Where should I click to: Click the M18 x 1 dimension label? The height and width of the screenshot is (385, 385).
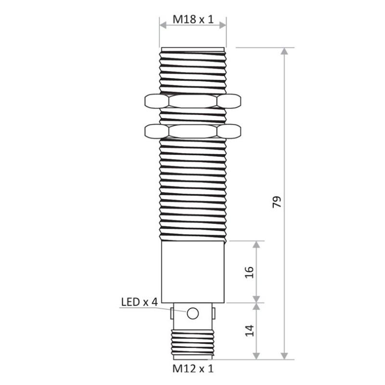click(x=192, y=20)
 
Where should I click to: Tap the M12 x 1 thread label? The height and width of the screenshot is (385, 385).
click(x=192, y=369)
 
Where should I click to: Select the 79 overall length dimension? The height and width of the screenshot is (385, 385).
click(x=276, y=202)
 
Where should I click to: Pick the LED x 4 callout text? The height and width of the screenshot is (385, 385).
click(x=139, y=302)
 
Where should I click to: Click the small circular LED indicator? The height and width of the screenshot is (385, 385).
click(x=192, y=313)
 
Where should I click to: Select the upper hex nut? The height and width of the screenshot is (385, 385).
click(x=192, y=101)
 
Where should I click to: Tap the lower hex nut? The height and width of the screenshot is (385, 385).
click(x=192, y=130)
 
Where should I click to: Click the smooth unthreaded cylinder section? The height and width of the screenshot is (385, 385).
click(x=192, y=272)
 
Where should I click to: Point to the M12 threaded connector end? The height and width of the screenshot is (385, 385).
click(x=192, y=343)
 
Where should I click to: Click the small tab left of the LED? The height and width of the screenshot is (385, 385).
click(x=171, y=313)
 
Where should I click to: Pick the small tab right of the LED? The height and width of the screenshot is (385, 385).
click(x=214, y=313)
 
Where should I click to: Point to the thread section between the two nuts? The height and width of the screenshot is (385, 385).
click(x=192, y=115)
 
